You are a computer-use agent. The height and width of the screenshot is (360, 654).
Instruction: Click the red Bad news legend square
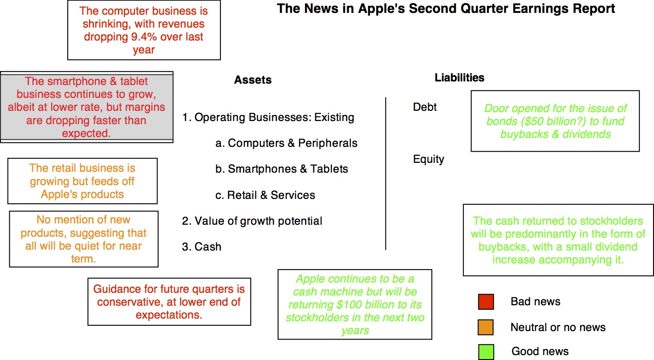coord(486,301)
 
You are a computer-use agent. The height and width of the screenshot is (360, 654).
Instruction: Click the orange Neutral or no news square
coord(486,327)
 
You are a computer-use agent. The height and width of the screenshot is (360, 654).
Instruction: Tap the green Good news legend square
coord(486,352)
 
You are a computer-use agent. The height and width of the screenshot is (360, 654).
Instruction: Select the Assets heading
coord(253,80)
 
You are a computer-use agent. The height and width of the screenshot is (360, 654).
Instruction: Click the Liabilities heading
coord(459,77)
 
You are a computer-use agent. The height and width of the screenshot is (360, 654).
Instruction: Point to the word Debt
coord(425,107)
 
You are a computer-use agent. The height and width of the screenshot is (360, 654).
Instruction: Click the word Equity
coord(428,159)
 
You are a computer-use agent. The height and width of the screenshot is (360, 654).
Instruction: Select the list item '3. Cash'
coord(202,247)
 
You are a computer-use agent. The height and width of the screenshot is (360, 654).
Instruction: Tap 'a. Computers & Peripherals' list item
coord(286,143)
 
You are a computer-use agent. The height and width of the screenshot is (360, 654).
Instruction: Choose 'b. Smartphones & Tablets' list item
coord(281,169)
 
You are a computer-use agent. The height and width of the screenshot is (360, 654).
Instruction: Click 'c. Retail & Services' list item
coord(265,195)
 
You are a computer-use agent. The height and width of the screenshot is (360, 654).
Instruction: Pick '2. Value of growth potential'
coord(252,221)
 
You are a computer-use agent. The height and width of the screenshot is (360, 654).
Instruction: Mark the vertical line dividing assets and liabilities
coord(386,174)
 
